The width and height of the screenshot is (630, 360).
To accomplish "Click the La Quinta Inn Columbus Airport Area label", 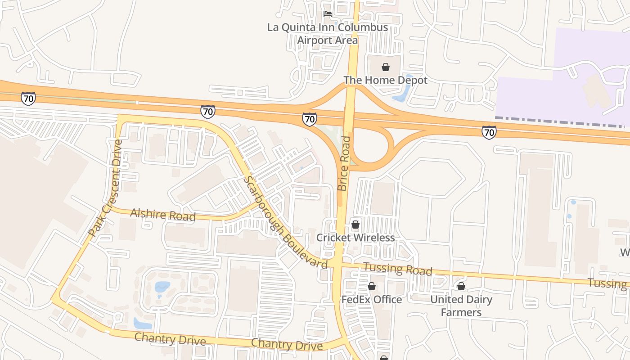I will pos(328,34).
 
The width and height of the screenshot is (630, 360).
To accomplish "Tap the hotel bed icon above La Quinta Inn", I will pos(328,14).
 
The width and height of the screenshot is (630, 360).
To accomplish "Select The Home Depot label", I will pos(385,80).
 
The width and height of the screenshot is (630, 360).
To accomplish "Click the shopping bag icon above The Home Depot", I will pos(386,67).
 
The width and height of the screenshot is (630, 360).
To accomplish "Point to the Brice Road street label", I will pos(344,163).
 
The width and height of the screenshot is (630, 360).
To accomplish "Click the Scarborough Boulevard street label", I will pos(285,223).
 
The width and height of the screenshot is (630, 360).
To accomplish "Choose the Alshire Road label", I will pos(163,215).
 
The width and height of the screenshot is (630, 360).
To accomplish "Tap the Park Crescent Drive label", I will pos(106,189).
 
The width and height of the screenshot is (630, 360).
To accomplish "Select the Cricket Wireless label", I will pos(355,237).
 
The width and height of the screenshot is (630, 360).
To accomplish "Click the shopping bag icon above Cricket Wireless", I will pos(355,224).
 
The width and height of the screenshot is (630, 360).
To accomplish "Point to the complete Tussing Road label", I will pos(397,269).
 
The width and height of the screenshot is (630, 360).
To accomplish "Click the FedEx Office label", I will pos(372,299).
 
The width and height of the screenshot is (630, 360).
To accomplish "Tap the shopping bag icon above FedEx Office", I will pos(372,286).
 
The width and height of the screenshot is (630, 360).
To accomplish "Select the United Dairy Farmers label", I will pos(461,306).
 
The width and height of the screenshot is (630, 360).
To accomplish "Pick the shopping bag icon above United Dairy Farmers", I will pos(461,286).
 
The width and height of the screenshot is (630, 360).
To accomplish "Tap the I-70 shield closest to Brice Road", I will pos(309,119).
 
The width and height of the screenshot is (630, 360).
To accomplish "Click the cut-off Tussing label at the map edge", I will pos(608,283).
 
